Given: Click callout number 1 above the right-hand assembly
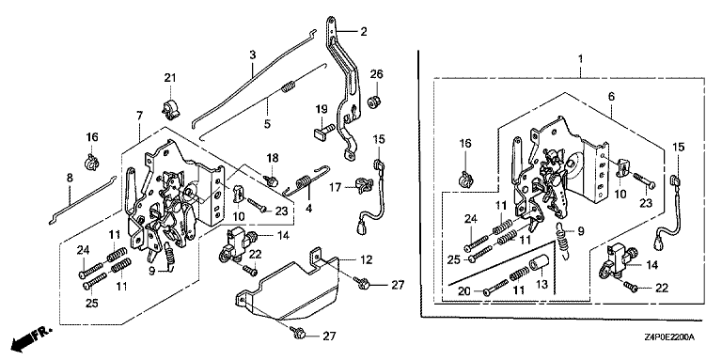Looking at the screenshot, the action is click(x=580, y=59).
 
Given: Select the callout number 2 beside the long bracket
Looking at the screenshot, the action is click(x=364, y=32).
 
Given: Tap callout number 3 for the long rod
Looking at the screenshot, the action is click(x=252, y=55).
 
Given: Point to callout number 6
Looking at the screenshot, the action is click(x=611, y=96).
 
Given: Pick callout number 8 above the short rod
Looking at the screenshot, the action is click(x=70, y=179).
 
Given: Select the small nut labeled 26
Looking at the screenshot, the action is click(x=375, y=100).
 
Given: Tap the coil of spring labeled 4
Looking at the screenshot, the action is click(x=303, y=180).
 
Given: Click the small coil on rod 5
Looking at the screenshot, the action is click(x=288, y=86).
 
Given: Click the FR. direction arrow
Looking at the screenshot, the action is click(x=31, y=337).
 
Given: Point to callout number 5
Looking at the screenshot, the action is click(x=267, y=123).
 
